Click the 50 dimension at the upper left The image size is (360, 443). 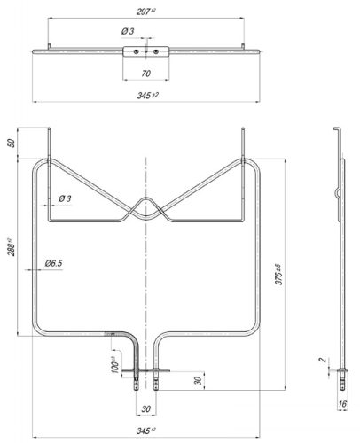coord(12,144)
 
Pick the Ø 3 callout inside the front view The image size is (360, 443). coord(64,198)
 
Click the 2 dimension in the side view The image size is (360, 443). coord(324,361)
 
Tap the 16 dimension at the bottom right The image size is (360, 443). coord(342,404)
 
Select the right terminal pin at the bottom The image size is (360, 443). coord(158,383)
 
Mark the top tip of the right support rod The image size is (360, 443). coord(242,133)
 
